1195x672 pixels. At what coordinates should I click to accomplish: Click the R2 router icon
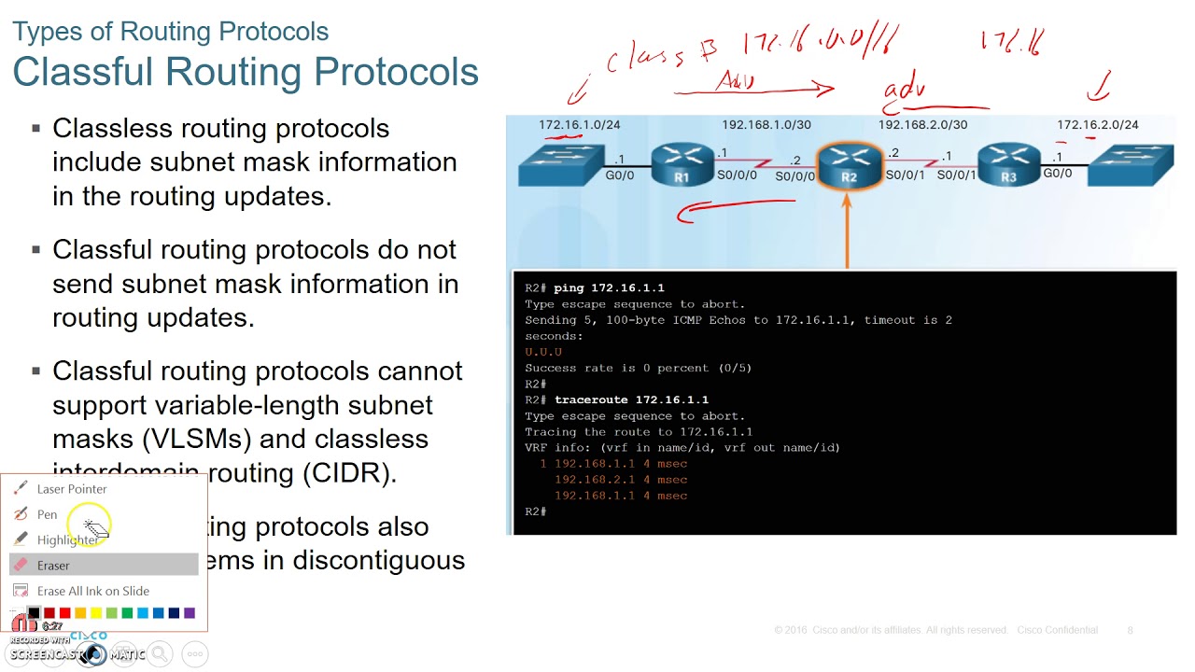(849, 166)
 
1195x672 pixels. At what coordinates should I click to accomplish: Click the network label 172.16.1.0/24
(579, 124)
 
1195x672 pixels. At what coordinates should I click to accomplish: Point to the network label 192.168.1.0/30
(766, 124)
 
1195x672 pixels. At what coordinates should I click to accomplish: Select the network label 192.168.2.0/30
(922, 124)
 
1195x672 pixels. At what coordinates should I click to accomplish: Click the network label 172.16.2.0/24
(1097, 124)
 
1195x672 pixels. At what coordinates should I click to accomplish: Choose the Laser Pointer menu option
(72, 489)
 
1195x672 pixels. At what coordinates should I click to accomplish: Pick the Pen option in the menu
(47, 514)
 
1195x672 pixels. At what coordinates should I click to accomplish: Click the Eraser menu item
(53, 566)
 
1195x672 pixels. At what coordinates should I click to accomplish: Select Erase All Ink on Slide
(92, 591)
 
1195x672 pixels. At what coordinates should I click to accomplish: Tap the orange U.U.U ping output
(543, 352)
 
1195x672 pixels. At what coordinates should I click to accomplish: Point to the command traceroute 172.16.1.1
(631, 399)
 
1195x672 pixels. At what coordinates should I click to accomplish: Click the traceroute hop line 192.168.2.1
(620, 480)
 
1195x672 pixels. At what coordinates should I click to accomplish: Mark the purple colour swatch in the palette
(190, 613)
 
